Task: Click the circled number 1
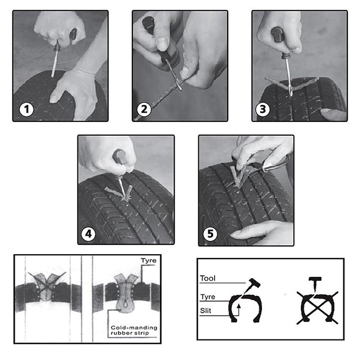27,109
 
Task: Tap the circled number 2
144,109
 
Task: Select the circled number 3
263,109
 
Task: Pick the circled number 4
89,234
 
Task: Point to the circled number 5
210,234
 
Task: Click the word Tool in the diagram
208,278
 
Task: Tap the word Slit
205,311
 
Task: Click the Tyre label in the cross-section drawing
148,261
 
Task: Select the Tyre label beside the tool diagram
208,297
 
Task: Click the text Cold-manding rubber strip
134,330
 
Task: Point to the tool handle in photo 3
277,35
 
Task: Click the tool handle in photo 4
119,156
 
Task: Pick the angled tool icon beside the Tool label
252,285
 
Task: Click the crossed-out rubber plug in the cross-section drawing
47,286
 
